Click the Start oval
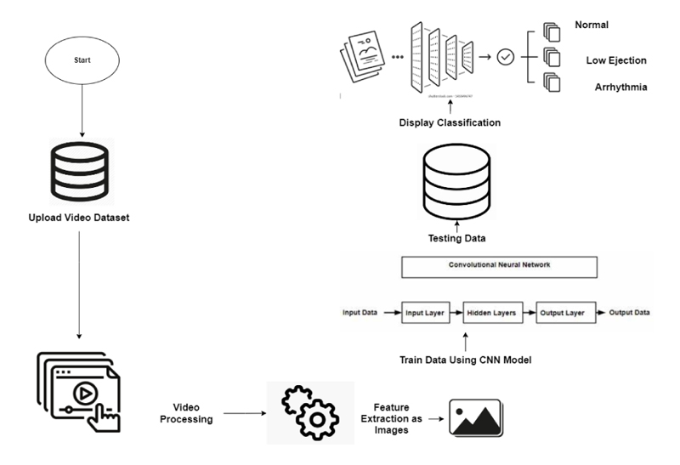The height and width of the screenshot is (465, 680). (82, 61)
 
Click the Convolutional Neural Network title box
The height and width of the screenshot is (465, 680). (500, 266)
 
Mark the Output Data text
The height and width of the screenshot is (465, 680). (629, 313)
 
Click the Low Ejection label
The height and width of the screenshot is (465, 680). (616, 60)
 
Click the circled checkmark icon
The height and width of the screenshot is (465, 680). (506, 57)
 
